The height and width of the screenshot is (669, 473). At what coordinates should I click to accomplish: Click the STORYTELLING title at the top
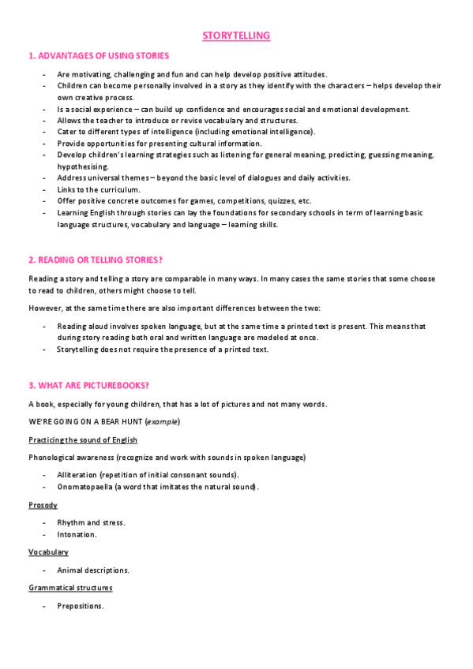point(236,36)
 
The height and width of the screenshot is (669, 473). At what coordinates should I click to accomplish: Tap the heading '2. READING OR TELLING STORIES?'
point(96,260)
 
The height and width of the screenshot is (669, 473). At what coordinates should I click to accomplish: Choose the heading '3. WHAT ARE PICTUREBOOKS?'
point(89,385)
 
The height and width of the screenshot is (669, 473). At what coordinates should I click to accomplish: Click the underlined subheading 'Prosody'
point(43,505)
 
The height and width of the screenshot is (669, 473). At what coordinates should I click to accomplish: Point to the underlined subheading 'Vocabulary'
point(48,552)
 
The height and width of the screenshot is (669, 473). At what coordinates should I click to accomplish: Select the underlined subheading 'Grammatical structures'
point(70,588)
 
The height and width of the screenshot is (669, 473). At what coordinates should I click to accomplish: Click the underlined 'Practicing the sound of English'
point(83,439)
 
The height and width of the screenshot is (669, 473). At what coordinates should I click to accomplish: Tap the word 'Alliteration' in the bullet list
point(77,475)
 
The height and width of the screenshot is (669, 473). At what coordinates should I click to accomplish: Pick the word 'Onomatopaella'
point(84,487)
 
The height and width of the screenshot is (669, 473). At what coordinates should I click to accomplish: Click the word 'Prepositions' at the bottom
point(80,606)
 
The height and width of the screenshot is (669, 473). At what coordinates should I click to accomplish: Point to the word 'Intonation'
point(77,534)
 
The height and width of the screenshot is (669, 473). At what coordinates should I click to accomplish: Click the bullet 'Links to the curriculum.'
point(99,189)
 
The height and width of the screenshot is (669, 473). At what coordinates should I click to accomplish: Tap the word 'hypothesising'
point(83,166)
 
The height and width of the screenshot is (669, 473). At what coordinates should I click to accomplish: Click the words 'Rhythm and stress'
point(91,522)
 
